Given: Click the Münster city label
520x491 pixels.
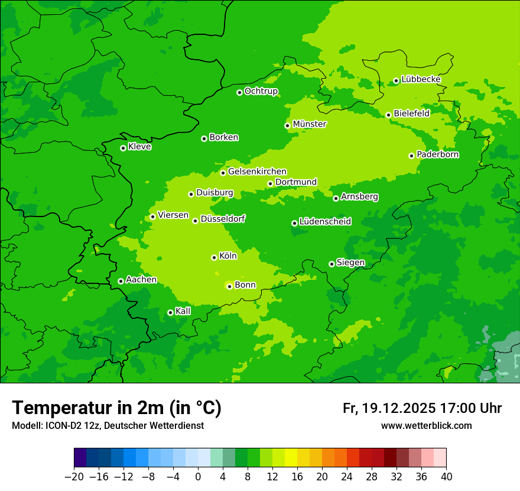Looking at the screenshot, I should (x=310, y=124).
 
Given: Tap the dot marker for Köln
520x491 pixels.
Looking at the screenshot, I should (x=214, y=257).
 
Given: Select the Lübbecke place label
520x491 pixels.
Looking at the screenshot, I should (x=421, y=79).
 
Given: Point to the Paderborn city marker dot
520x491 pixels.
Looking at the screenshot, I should (x=411, y=156).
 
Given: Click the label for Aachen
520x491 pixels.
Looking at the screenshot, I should (x=141, y=280).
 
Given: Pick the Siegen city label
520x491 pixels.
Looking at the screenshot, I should (x=350, y=263).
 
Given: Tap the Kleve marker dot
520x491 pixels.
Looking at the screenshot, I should (x=123, y=148).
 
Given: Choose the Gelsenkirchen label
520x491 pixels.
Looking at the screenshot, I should (x=257, y=172).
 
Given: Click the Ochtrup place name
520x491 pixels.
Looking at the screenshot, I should (x=261, y=91).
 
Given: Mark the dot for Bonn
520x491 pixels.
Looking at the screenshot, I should (x=229, y=286).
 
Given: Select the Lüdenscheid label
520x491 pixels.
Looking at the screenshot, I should (x=325, y=222).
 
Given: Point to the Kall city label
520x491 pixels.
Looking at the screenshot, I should (x=183, y=311).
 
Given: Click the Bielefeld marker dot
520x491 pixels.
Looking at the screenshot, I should (x=388, y=115).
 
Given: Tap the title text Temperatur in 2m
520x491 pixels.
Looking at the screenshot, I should (x=116, y=408).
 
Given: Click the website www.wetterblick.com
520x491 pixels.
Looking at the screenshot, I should (x=426, y=426).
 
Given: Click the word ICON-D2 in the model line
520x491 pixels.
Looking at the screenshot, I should (x=60, y=426).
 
